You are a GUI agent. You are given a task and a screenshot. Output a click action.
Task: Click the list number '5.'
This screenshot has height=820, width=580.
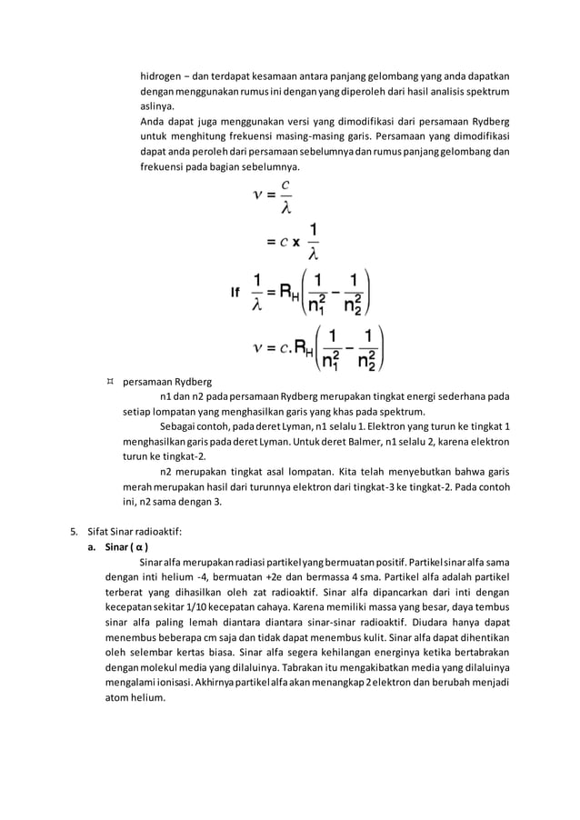75,529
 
